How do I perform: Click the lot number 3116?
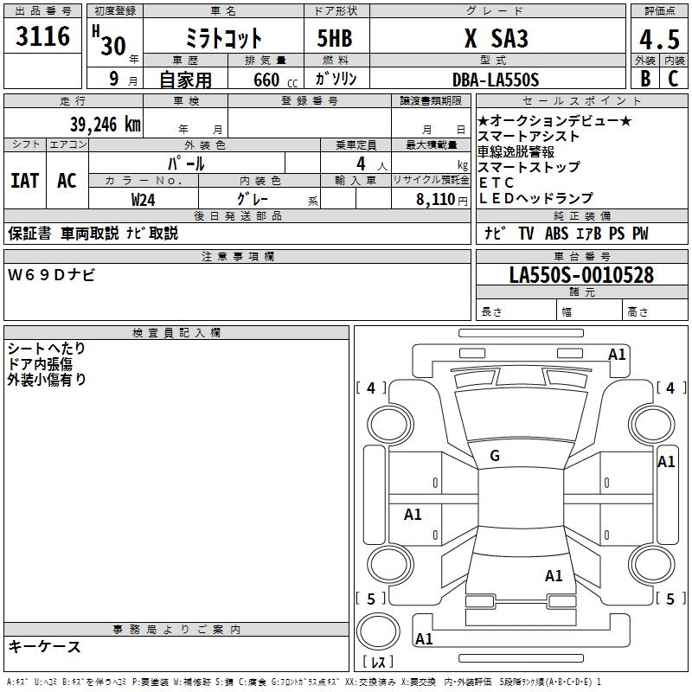[43, 37]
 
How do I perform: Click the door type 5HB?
[335, 39]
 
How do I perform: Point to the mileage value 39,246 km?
[105, 124]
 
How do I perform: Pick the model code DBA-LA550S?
[495, 80]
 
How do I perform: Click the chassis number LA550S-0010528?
[581, 275]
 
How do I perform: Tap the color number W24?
[144, 199]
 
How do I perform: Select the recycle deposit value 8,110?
[435, 199]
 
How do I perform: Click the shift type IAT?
[24, 180]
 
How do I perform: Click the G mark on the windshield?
[495, 456]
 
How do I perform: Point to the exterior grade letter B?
[644, 79]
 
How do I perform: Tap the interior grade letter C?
[672, 79]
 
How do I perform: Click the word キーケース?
[45, 646]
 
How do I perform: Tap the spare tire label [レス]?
[378, 662]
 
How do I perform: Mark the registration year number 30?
[112, 45]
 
